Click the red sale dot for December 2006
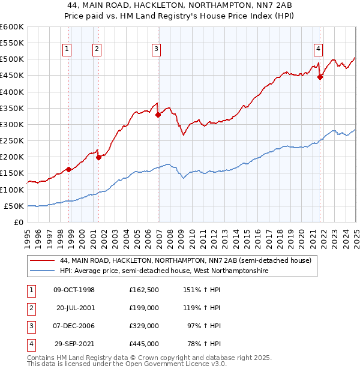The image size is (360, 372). (x=158, y=115)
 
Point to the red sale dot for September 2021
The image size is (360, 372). (x=320, y=77)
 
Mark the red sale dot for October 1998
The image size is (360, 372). (x=69, y=169)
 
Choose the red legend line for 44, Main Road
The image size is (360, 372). (x=42, y=261)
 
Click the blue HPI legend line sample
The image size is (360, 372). (x=42, y=271)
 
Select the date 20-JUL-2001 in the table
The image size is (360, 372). (x=75, y=308)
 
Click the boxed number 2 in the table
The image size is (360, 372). (x=31, y=308)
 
